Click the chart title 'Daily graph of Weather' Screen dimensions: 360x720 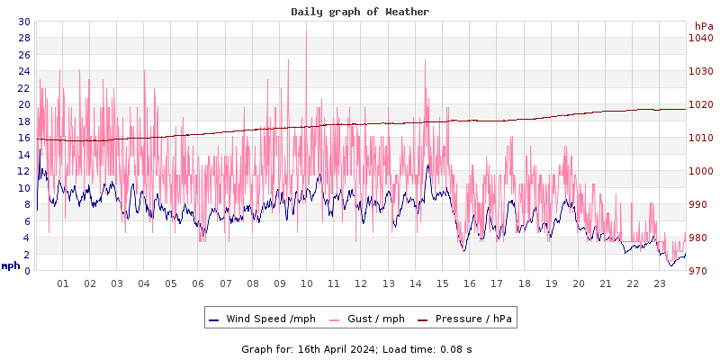pos(360,12)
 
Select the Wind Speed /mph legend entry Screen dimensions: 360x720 pos(262,319)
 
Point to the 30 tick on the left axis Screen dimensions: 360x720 pos(23,22)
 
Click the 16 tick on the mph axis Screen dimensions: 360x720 pos(23,138)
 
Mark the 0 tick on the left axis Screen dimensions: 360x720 pos(26,271)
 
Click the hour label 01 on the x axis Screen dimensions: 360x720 pos(63,283)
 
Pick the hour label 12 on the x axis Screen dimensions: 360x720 pos(361,283)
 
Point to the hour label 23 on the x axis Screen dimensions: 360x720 pos(660,283)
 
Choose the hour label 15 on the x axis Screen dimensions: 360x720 pos(443,283)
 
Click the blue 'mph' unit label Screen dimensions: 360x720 pos(11,265)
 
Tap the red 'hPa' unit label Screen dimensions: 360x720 pos(704,27)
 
